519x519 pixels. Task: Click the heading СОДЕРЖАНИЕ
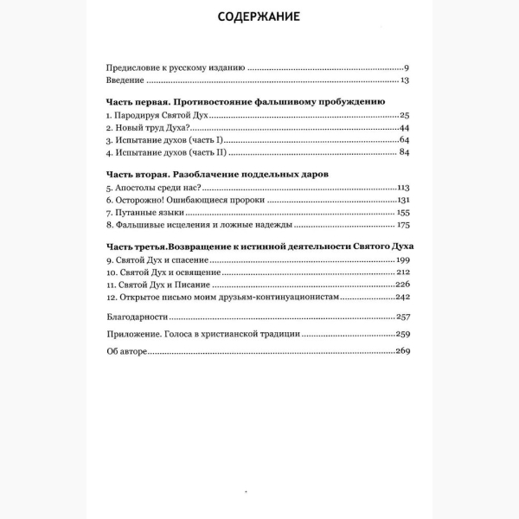pyautogui.click(x=259, y=18)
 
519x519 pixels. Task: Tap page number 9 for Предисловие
pyautogui.click(x=406, y=67)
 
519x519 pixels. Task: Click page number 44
pyautogui.click(x=403, y=128)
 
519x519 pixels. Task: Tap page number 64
pyautogui.click(x=403, y=141)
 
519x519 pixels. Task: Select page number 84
pyautogui.click(x=403, y=154)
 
